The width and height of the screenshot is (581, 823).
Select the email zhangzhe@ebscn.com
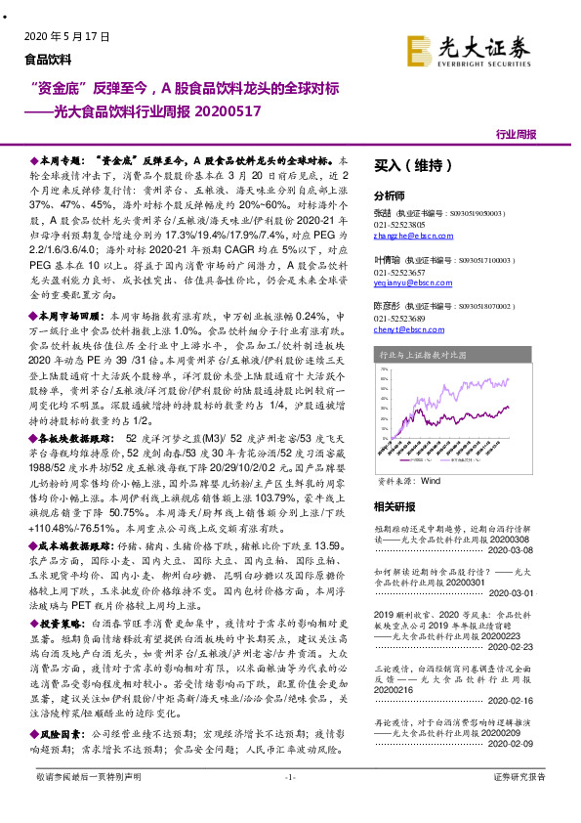(x=406, y=236)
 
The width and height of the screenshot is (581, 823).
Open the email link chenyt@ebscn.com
(x=404, y=330)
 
